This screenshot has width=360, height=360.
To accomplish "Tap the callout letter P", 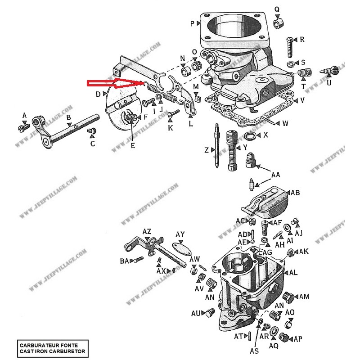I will click(x=192, y=23).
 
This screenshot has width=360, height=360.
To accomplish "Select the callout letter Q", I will click(x=277, y=9).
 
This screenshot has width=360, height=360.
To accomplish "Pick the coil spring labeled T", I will click(x=304, y=72).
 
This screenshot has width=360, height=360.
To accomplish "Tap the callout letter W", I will click(x=285, y=123).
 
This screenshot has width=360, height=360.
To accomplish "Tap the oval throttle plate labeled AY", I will click(x=181, y=248).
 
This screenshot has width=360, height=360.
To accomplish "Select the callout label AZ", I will click(x=147, y=231).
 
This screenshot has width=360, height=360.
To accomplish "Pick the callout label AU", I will click(x=196, y=313).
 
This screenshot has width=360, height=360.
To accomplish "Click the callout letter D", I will click(x=98, y=94).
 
